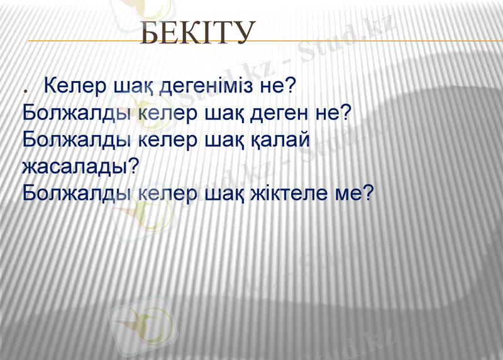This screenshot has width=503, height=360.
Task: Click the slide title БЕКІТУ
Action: (x=198, y=33)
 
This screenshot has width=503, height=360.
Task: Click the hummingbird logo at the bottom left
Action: (x=143, y=324)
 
